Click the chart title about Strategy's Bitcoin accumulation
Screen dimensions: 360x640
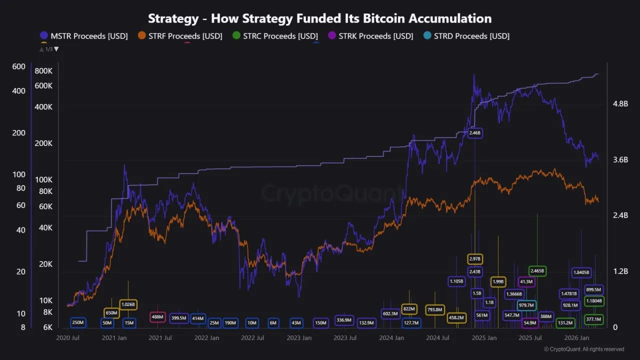click(x=320, y=18)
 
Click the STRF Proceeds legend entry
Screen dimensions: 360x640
click(x=180, y=36)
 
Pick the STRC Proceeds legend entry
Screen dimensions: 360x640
click(x=274, y=36)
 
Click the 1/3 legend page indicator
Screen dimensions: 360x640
click(x=49, y=49)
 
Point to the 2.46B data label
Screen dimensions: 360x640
click(x=474, y=133)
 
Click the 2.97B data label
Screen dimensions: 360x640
click(x=475, y=259)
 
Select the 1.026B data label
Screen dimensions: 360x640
click(x=128, y=304)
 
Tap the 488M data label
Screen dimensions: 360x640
click(x=157, y=317)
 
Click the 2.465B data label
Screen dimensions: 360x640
click(x=537, y=271)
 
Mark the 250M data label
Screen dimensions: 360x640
click(x=78, y=323)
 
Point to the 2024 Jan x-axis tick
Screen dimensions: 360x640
click(x=391, y=338)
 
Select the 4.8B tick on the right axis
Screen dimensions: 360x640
click(x=620, y=104)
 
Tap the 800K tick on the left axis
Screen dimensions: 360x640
click(x=43, y=71)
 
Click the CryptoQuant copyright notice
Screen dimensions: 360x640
click(x=583, y=349)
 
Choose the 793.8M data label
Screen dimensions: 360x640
click(x=435, y=310)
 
